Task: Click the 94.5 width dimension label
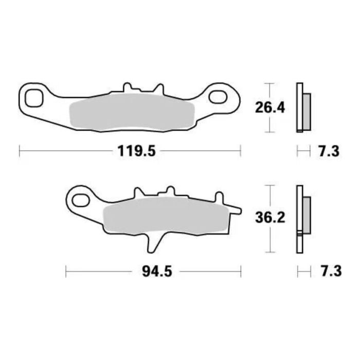click(154, 271)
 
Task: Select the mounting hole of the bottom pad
click(79, 197)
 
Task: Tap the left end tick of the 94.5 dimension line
click(67, 271)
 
